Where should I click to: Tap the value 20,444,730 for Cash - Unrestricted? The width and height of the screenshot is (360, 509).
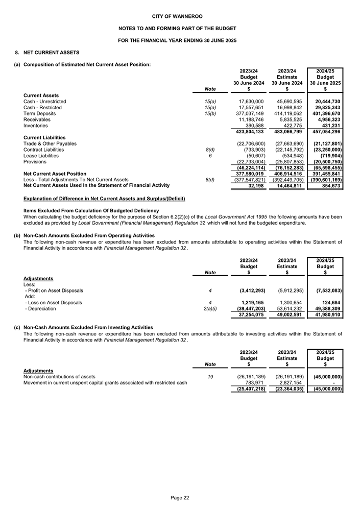tap(325, 102)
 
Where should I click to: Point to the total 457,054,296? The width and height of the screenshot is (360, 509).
tap(325, 132)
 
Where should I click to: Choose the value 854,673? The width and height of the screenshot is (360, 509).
tap(331, 186)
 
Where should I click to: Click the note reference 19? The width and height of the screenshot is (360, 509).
tap(210, 377)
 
